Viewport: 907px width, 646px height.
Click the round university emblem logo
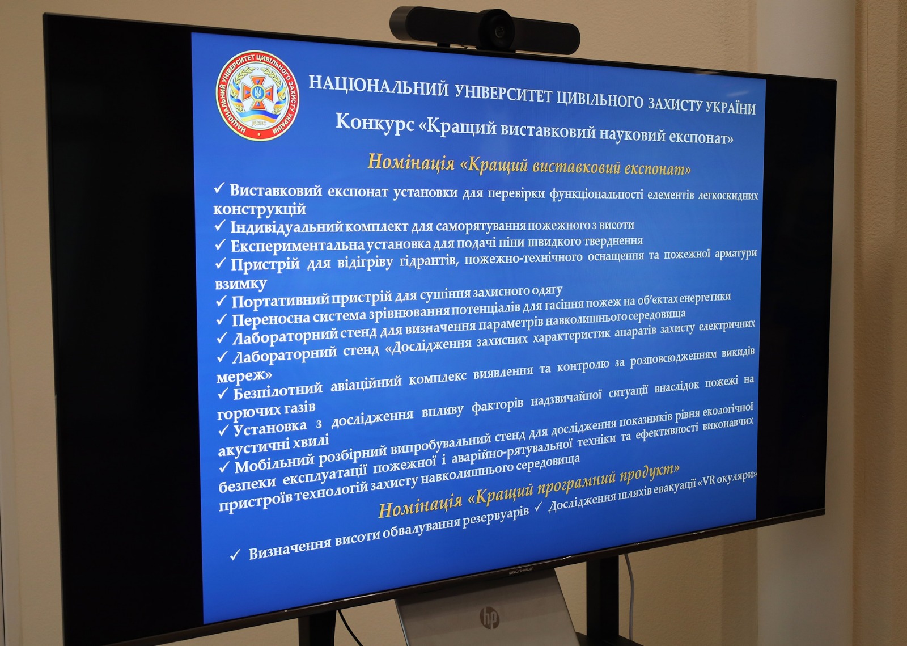tap(257, 96)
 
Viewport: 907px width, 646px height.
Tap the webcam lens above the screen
tap(499, 31)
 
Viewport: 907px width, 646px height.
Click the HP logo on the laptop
tap(490, 618)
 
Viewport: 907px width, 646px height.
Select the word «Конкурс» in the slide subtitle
tap(375, 122)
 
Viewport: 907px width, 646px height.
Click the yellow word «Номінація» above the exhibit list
tap(410, 162)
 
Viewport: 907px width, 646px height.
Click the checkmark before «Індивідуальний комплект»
tap(220, 226)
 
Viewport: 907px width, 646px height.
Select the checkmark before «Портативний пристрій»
tap(221, 301)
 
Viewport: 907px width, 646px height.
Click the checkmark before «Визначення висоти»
tap(235, 555)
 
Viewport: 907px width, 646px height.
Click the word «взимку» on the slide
tap(241, 283)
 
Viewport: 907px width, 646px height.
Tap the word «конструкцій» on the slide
tap(260, 209)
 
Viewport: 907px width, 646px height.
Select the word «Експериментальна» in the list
tap(298, 245)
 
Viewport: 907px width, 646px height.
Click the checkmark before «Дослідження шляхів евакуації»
tap(538, 506)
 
